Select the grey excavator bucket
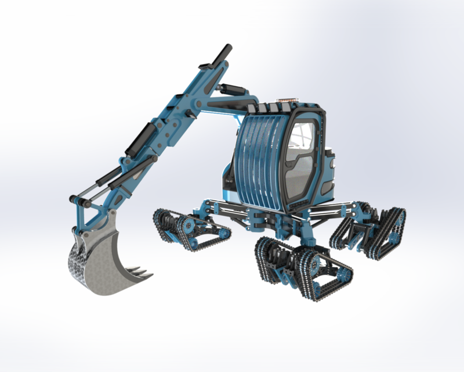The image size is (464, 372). [104, 262]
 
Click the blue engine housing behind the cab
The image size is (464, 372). [329, 171]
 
